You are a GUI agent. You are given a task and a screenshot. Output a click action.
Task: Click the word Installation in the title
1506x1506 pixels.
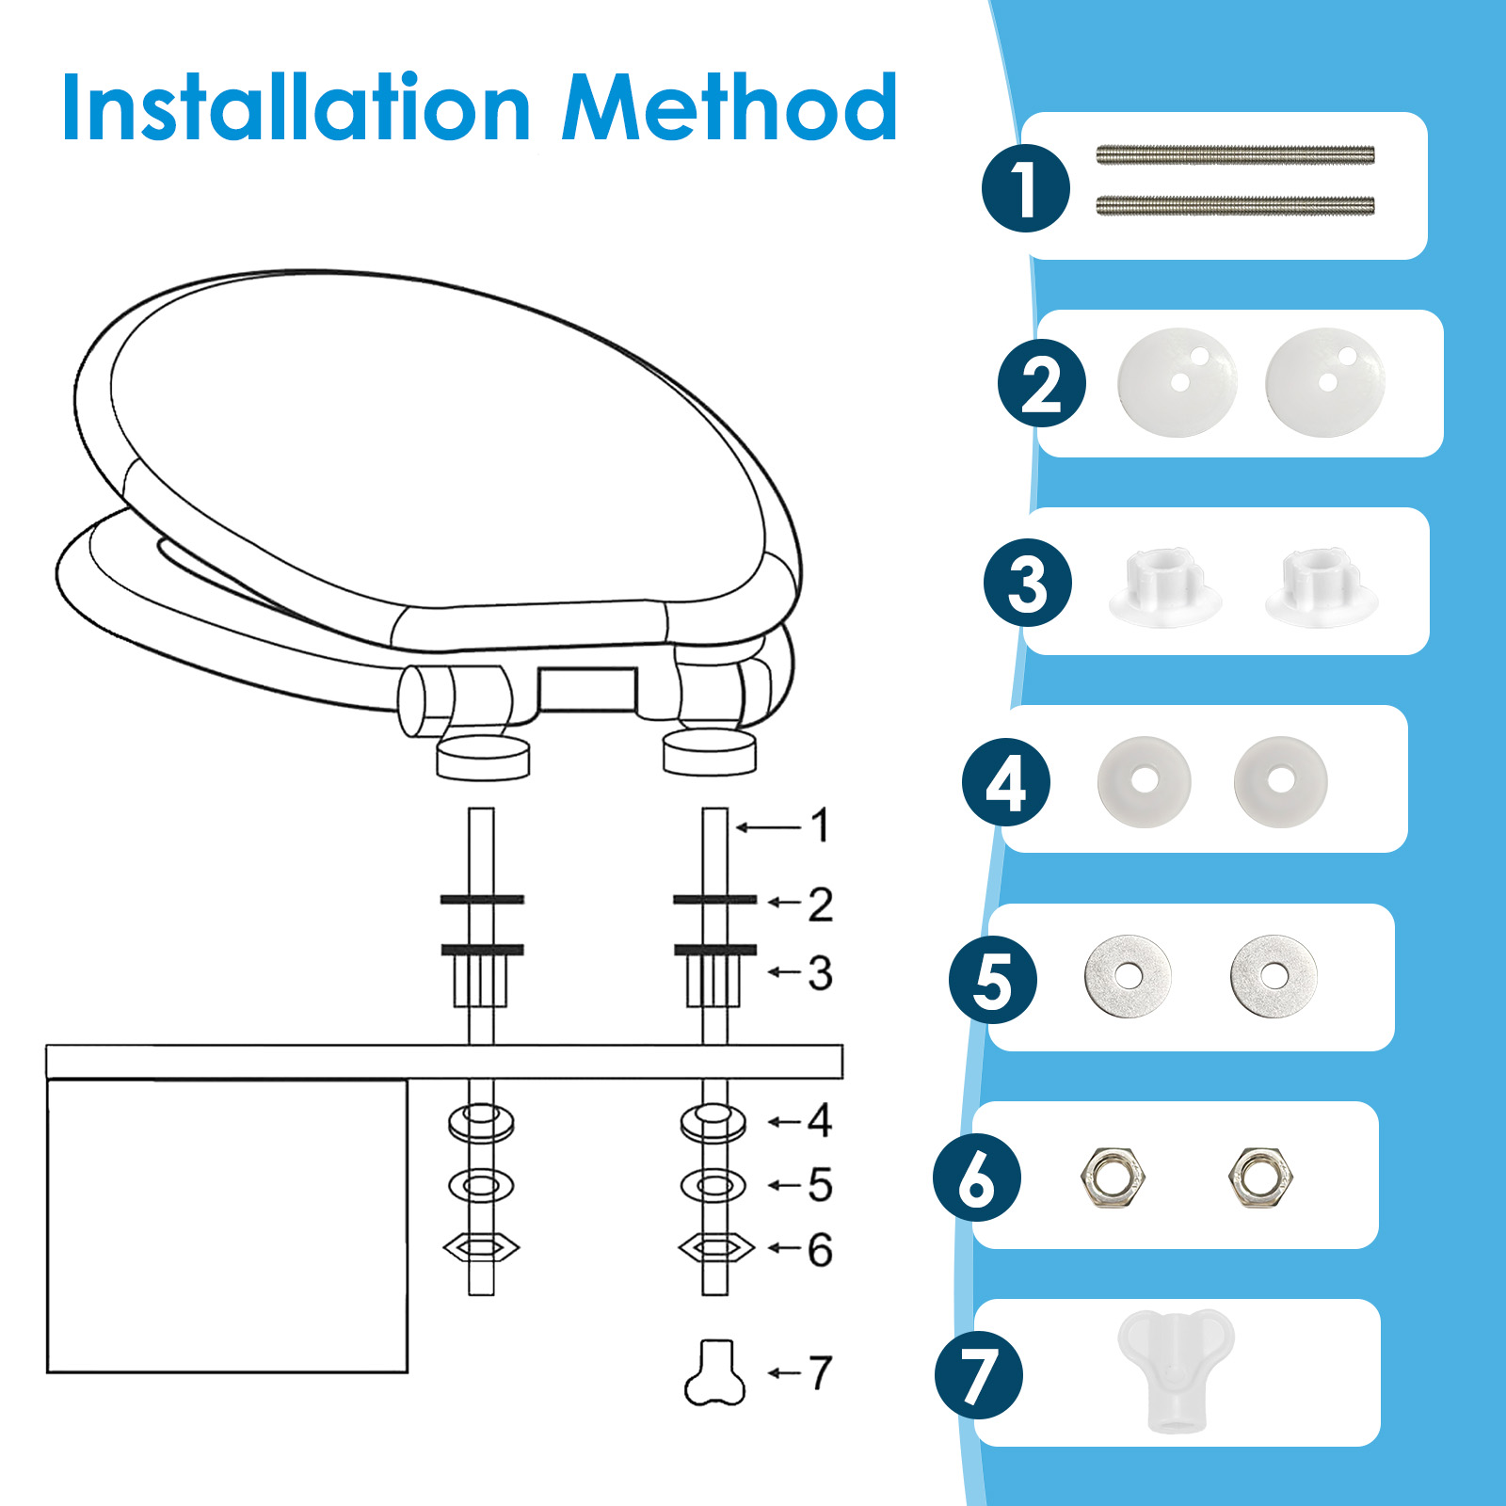click(x=296, y=107)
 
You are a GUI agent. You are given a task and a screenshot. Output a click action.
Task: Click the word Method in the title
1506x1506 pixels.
click(x=729, y=107)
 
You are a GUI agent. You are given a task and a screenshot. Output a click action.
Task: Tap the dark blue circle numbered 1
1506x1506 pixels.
click(x=1026, y=188)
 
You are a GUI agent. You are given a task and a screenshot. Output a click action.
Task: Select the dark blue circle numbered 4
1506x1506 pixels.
click(x=1006, y=782)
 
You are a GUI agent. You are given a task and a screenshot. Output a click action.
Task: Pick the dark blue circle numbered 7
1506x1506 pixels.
click(x=979, y=1375)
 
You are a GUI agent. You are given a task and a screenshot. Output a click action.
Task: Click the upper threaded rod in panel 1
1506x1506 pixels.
click(x=1235, y=155)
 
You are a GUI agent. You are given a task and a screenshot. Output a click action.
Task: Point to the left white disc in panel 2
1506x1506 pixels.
click(x=1178, y=382)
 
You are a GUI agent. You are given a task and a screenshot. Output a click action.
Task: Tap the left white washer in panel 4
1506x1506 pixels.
click(x=1145, y=781)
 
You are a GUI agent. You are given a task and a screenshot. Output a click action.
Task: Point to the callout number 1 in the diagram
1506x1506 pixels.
click(x=820, y=825)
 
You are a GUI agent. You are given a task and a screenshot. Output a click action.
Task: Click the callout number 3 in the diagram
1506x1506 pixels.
click(x=820, y=973)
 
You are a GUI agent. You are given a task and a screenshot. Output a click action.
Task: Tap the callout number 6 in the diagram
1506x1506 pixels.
click(x=820, y=1250)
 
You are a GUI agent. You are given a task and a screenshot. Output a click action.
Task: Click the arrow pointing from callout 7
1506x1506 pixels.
click(x=785, y=1373)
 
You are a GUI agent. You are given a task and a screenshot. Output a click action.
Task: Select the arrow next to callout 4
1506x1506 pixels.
click(x=785, y=1121)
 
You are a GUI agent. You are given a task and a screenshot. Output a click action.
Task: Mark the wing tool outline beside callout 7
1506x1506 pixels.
click(x=714, y=1372)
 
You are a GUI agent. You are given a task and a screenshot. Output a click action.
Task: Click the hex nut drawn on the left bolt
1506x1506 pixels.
click(x=481, y=1248)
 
